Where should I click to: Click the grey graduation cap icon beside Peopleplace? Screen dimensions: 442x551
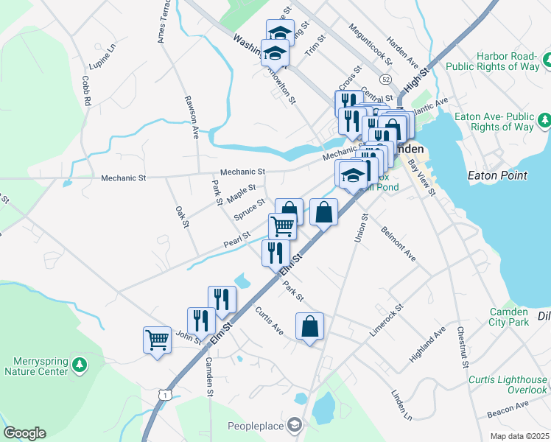coord(295,424)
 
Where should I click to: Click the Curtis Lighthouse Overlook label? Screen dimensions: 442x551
coord(508,385)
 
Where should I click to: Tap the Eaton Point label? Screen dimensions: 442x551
coord(497,175)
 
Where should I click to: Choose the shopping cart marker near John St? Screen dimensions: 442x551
coord(157,340)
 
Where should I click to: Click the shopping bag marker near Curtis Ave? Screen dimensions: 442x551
coord(310,326)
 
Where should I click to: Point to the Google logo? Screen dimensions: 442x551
coord(24,433)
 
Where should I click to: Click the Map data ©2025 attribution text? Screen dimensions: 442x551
coord(519,436)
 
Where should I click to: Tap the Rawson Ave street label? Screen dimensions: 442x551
coord(192,117)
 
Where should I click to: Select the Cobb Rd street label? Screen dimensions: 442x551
coord(86,91)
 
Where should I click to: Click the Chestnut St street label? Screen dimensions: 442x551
coord(462,347)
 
